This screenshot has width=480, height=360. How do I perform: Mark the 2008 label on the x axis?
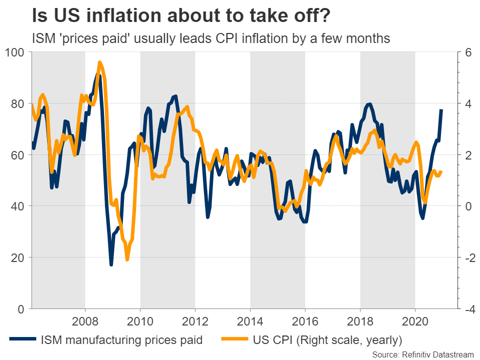coord(85,320)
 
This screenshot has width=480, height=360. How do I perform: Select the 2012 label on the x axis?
coord(195,320)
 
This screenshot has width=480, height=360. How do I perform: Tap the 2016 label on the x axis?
coord(305,320)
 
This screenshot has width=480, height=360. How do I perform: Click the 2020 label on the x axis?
coord(415,320)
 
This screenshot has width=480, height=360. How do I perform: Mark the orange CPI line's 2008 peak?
coord(99,62)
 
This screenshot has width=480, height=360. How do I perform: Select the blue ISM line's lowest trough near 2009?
coord(111,264)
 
